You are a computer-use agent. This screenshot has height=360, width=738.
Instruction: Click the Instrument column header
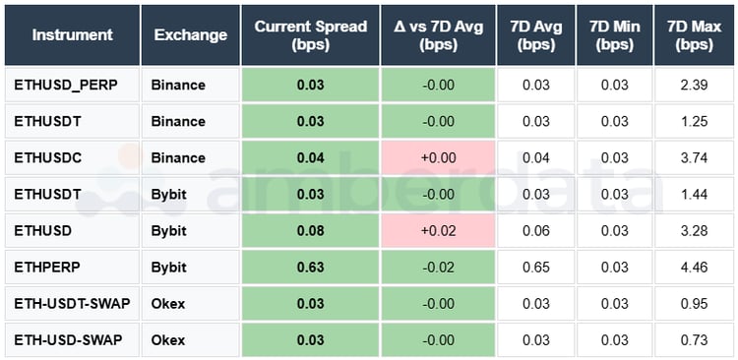(72, 34)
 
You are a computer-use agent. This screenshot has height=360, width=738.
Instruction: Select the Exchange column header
(191, 34)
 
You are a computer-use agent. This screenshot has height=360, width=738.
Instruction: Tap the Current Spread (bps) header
(310, 34)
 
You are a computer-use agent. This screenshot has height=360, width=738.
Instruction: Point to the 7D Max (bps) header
(694, 34)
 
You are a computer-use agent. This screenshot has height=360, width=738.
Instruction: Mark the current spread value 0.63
(310, 268)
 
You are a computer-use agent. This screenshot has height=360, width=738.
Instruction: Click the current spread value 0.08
(310, 231)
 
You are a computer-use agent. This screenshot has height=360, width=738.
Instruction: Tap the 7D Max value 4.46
(694, 268)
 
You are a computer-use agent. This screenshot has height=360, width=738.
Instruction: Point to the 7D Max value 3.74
(694, 157)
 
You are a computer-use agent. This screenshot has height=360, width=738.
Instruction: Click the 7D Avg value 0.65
(536, 268)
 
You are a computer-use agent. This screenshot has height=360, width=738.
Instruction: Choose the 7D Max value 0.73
(694, 340)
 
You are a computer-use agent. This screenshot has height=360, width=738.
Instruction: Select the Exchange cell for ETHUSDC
(178, 157)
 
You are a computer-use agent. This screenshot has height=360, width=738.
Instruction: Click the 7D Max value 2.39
(694, 85)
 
